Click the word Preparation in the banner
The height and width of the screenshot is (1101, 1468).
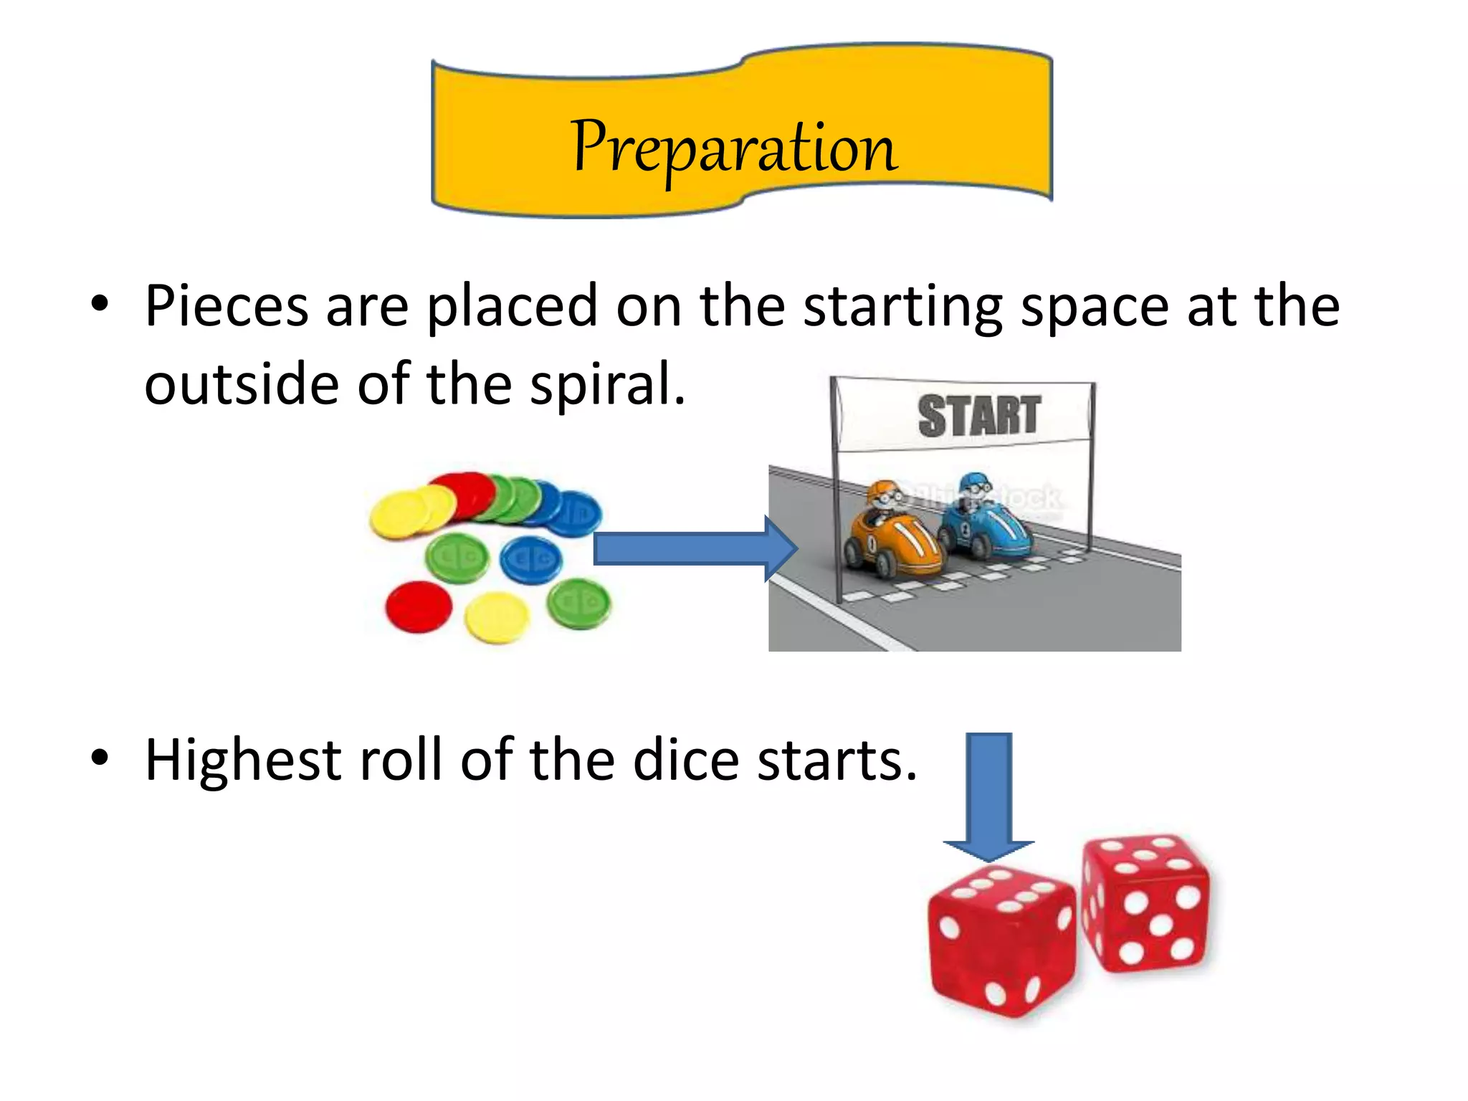(x=734, y=148)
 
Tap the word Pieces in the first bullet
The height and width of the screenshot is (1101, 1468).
(x=227, y=307)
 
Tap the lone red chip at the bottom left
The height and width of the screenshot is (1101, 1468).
(x=419, y=607)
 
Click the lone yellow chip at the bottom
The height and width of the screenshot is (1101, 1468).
(x=497, y=617)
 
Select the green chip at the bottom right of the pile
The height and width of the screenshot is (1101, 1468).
(x=578, y=604)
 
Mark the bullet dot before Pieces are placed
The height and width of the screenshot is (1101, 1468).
(x=100, y=304)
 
